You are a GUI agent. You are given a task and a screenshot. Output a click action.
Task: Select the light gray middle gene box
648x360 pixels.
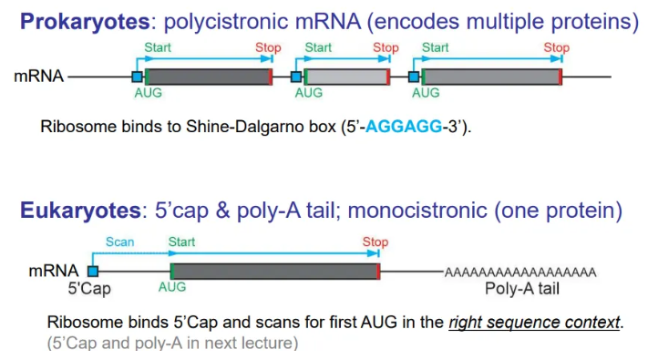(345, 77)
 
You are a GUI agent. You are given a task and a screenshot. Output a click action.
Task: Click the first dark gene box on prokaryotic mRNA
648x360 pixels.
(207, 77)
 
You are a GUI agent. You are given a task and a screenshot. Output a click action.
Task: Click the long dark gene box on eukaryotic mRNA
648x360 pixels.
(273, 272)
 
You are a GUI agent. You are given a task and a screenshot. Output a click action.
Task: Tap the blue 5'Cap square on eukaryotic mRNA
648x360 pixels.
(92, 272)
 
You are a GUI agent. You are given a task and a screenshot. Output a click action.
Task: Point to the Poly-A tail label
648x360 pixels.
(521, 289)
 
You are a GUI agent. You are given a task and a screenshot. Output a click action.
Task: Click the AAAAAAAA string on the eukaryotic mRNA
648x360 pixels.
(519, 272)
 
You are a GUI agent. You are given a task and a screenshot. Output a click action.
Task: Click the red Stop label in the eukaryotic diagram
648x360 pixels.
(375, 242)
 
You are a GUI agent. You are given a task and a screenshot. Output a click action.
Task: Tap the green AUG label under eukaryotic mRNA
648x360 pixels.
(171, 287)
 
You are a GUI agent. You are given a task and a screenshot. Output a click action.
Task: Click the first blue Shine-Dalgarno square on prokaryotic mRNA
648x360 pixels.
(137, 77)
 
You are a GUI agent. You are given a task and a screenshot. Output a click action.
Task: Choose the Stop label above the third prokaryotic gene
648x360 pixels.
(556, 47)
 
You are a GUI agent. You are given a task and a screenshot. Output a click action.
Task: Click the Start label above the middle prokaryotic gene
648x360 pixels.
(318, 47)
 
